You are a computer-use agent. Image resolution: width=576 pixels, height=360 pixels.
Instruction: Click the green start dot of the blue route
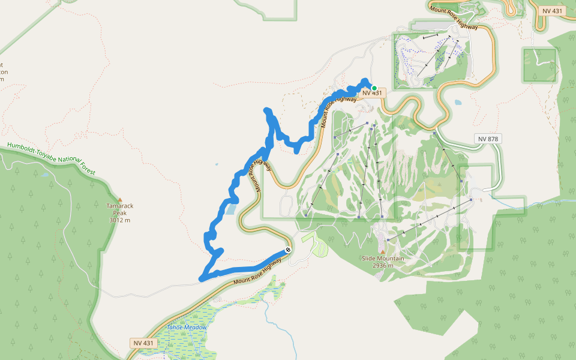point(374,88)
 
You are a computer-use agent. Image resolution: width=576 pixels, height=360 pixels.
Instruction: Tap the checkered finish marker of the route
point(288,250)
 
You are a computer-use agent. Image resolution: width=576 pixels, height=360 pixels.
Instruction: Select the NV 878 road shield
point(488,139)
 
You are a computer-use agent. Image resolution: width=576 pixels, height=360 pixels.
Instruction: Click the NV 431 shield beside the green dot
point(372,93)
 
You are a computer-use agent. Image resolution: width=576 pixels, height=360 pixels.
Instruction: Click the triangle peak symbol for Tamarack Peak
point(120,199)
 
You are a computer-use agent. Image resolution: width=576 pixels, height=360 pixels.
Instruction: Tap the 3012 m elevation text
point(120,220)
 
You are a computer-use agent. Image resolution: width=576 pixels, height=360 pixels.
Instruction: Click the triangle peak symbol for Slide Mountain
point(383,252)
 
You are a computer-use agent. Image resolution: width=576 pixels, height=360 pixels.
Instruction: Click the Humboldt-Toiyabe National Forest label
point(50,158)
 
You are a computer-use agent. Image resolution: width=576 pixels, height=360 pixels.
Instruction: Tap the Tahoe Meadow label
point(187,328)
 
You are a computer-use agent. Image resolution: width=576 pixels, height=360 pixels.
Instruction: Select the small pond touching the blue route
point(231,209)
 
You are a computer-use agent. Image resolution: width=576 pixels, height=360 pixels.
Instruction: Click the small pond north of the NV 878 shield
point(458,103)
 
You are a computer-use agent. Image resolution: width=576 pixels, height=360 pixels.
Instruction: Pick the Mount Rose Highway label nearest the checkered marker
point(257,274)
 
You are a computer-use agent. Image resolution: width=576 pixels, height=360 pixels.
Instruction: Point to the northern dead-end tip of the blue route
point(267,110)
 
